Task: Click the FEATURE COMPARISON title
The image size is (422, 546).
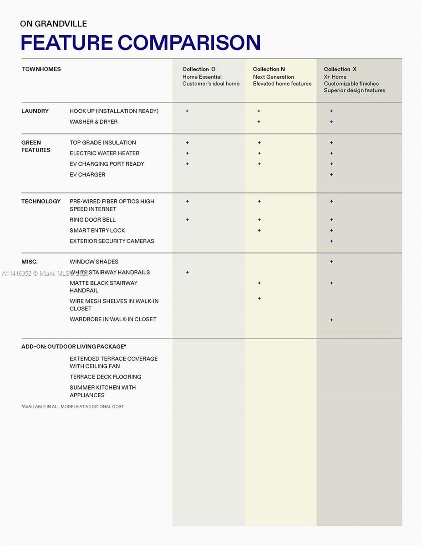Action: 141,42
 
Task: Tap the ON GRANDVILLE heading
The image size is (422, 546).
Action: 54,24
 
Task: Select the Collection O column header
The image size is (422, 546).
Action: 199,69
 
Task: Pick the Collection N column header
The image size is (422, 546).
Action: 269,69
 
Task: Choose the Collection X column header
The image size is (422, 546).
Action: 340,69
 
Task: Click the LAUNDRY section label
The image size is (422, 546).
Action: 35,111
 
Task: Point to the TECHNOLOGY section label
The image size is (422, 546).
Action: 41,201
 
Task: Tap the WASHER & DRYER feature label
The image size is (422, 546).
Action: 94,121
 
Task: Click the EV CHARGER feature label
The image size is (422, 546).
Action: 87,174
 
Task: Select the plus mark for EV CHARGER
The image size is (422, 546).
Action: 331,175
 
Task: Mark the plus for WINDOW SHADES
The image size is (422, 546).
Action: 331,262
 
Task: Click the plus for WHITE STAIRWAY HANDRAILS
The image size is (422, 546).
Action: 187,272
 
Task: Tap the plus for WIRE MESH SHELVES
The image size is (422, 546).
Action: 259,298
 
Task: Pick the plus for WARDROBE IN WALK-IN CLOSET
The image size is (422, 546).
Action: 331,320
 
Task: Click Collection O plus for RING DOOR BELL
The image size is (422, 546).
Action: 187,220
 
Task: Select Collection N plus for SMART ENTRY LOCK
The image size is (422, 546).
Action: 259,230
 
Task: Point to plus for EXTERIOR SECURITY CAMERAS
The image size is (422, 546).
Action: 331,241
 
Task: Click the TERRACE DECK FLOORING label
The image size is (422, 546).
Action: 105,377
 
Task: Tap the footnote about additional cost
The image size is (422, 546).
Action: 73,406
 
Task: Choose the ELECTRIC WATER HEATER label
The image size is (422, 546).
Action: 105,153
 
